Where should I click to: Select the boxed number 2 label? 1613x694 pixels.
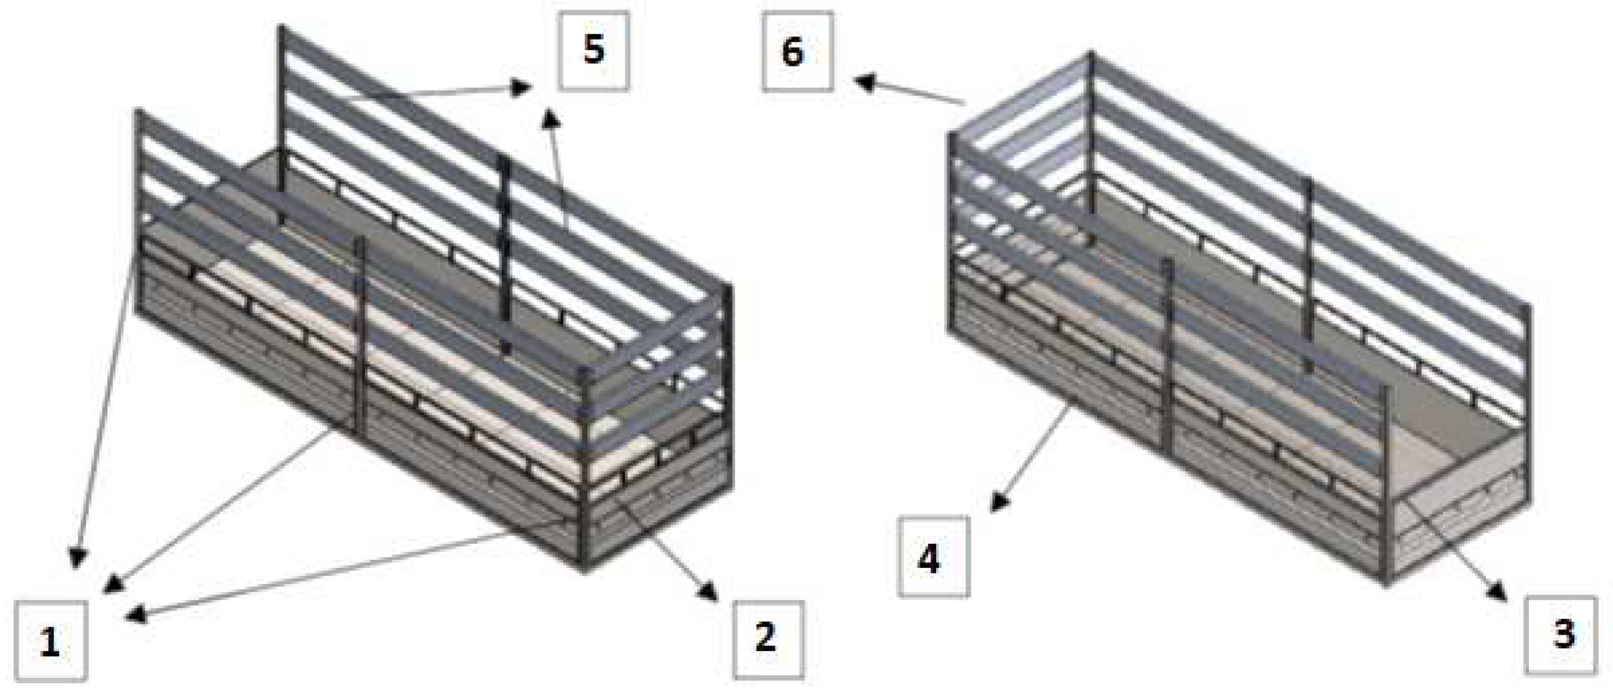point(768,639)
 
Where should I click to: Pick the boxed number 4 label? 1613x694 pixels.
point(934,557)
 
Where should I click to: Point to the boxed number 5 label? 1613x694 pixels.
point(594,51)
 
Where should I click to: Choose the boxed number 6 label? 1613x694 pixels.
point(797,51)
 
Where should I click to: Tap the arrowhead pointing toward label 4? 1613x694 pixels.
point(1000,503)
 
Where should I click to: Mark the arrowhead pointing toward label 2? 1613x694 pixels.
point(710,592)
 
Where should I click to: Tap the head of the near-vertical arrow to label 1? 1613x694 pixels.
point(77,557)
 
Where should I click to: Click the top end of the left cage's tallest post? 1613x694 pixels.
point(281,27)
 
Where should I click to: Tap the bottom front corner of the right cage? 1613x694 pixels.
point(1385,584)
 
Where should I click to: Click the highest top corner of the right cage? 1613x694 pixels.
point(1091,53)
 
